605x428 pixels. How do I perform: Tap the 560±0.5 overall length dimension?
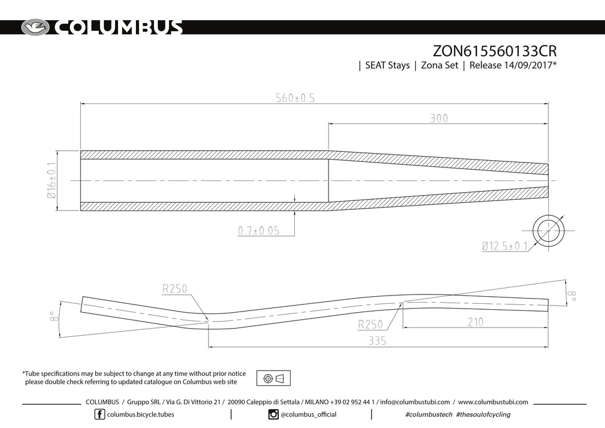point(295,98)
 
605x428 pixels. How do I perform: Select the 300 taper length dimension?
point(438,118)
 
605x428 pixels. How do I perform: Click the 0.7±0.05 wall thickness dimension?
point(259,231)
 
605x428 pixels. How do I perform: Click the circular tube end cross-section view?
point(548,231)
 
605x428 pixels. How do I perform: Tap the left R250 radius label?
point(174,288)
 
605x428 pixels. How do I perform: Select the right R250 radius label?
point(371,324)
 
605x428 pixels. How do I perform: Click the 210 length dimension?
point(474,322)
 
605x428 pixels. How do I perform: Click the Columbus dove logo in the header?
point(37,28)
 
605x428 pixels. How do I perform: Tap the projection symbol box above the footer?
point(274,378)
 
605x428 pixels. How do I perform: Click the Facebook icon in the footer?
point(100,414)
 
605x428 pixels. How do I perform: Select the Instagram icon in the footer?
point(274,414)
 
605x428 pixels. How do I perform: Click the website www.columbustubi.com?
point(493,402)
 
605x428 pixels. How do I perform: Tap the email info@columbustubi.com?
point(415,402)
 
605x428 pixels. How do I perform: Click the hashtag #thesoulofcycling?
point(483,414)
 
